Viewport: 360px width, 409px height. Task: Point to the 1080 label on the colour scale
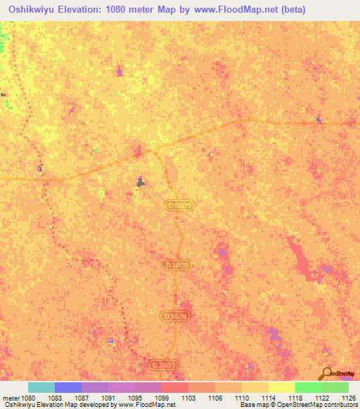27,397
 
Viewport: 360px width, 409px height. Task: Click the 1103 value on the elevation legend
188,397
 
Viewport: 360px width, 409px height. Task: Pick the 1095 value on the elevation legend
134,397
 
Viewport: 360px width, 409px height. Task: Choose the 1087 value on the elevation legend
81,397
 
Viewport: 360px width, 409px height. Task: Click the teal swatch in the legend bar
41,387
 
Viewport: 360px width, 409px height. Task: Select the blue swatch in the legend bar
67,387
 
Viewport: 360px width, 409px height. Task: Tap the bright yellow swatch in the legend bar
281,387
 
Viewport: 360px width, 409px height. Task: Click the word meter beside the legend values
10,397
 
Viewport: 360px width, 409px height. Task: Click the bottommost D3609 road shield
164,365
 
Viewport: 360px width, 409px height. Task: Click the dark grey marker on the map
141,182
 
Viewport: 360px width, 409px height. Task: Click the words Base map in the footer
253,405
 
